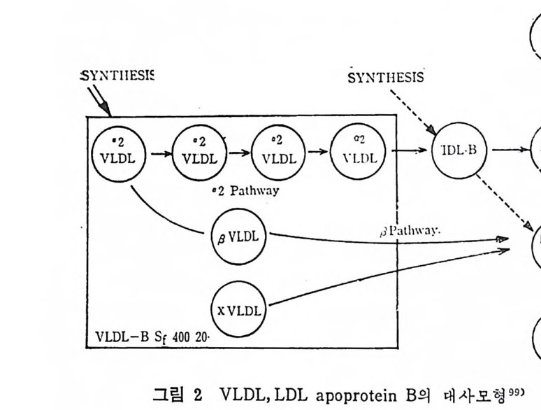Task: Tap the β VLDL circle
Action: coord(240,236)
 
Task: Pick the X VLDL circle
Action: coord(240,308)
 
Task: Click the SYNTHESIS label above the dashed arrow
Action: coord(385,77)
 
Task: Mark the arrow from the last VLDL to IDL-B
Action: coord(411,150)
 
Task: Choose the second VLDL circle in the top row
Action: coord(199,152)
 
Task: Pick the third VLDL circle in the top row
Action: coord(278,152)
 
